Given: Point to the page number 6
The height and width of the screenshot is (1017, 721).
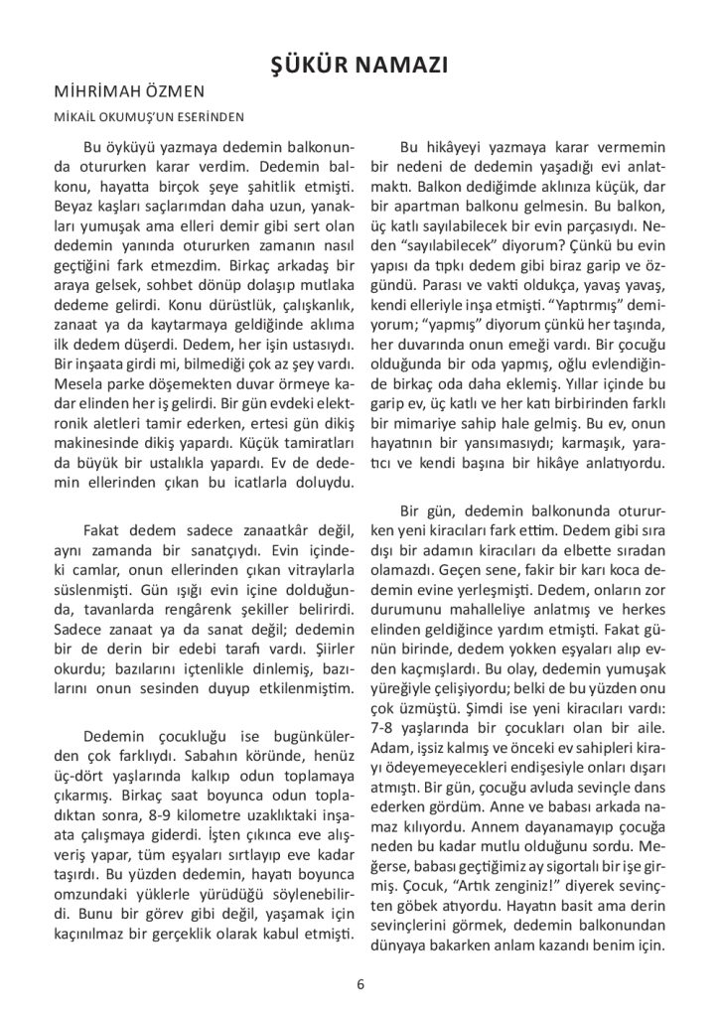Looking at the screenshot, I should click(360, 984).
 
